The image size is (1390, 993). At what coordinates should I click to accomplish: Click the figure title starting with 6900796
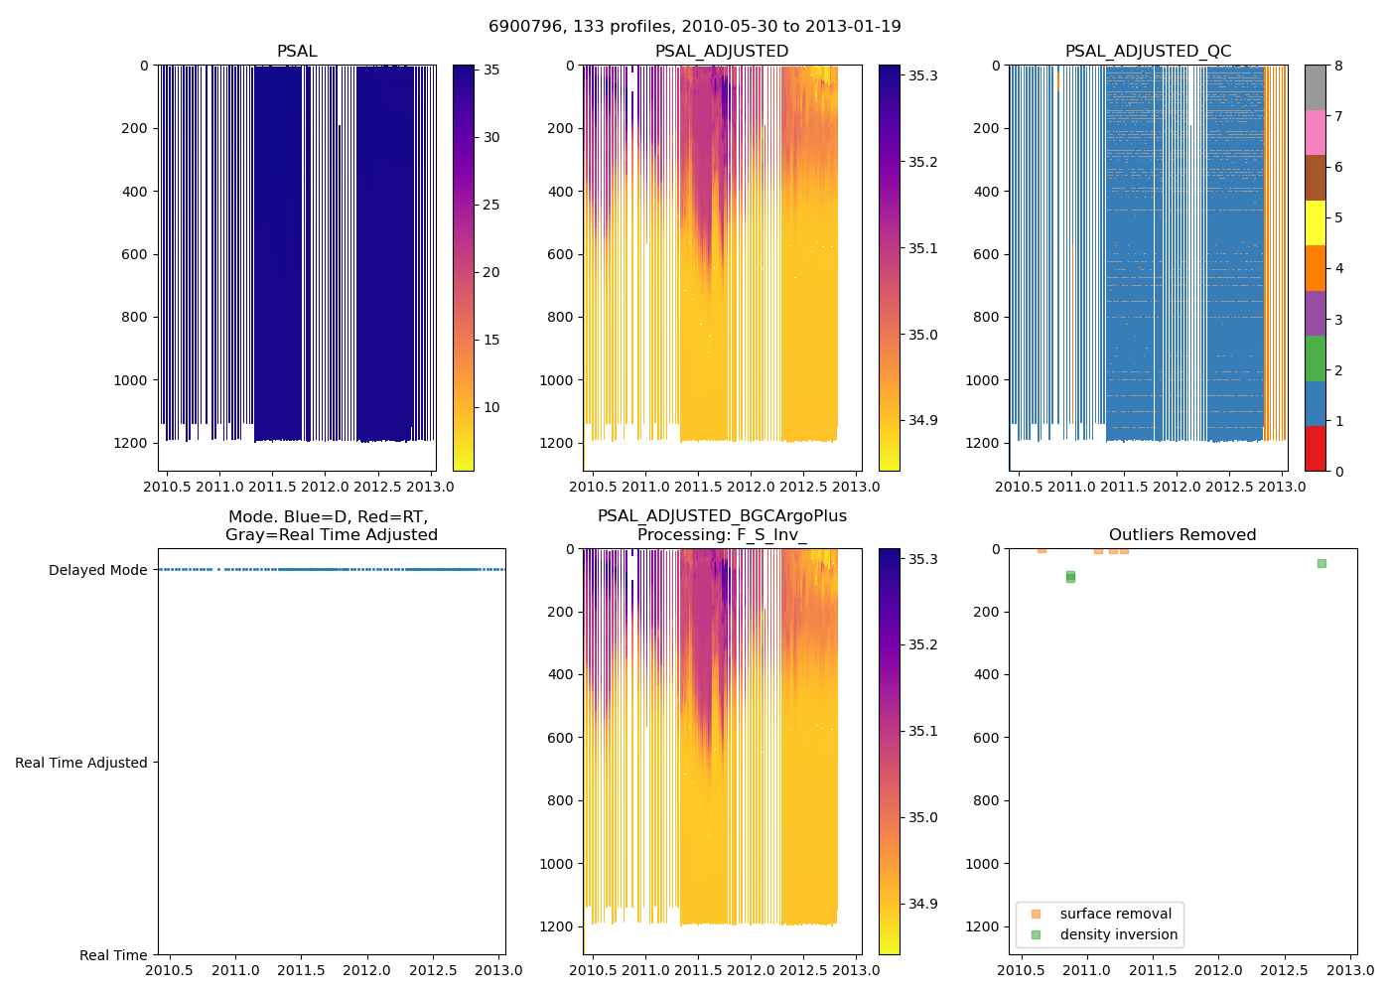tap(694, 27)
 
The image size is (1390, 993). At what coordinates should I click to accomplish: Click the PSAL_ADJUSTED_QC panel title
tap(1148, 52)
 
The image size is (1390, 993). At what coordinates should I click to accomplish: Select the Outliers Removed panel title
tap(1182, 535)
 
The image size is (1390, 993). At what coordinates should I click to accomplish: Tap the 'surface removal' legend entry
tap(1115, 914)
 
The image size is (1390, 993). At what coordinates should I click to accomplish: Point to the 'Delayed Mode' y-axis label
tap(97, 570)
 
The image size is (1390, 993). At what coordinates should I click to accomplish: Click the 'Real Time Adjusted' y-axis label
tap(81, 763)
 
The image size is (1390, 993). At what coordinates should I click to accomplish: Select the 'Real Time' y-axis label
tap(113, 955)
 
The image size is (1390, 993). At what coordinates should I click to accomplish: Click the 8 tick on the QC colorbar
tap(1338, 66)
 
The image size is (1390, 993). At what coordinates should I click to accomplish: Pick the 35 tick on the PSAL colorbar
tap(490, 71)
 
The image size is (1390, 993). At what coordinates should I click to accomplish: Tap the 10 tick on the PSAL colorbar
tap(490, 407)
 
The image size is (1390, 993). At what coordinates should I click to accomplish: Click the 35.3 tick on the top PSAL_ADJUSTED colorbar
tap(922, 75)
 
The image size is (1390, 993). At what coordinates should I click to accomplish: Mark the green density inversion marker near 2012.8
tap(1321, 563)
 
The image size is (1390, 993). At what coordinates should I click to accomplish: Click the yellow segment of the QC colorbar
tap(1315, 223)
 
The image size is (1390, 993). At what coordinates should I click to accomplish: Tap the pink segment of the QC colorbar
tap(1315, 133)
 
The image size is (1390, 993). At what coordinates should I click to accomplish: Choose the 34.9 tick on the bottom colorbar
tap(922, 904)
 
